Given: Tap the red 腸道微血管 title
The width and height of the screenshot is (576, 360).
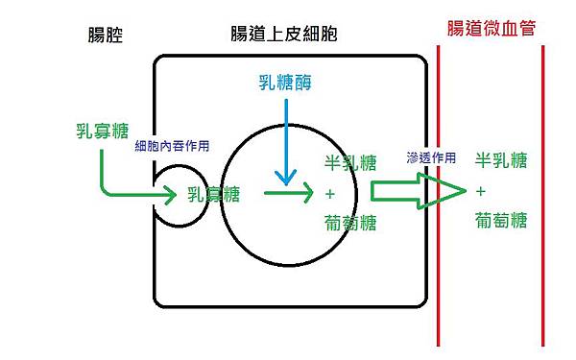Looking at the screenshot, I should (491, 29).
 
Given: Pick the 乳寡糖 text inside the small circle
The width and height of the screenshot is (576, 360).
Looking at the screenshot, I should (214, 194).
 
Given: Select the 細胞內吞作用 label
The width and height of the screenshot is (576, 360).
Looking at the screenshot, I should (173, 145).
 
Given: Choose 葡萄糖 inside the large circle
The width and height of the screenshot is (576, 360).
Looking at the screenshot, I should (351, 223).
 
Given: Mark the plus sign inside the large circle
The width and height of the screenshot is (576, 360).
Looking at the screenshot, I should (329, 193).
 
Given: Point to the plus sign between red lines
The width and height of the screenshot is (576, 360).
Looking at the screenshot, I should (480, 190).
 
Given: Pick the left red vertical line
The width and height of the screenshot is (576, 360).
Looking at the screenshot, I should (438, 192).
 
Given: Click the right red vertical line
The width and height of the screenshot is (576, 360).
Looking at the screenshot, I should (543, 192).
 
